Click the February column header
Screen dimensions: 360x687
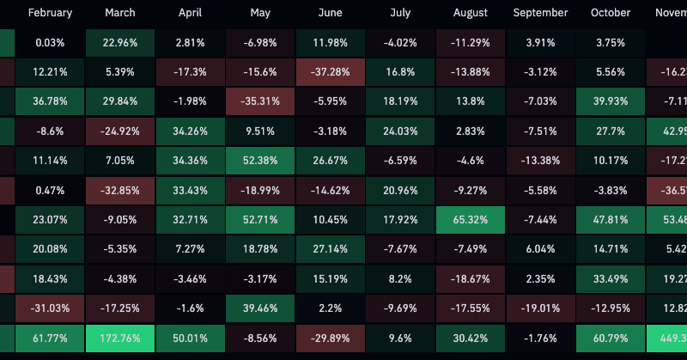51,14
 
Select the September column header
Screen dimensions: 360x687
540,14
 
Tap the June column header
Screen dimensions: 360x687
330,14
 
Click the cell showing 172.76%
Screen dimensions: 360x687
120,338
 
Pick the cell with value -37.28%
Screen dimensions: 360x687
330,73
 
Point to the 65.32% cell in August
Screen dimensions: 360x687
470,220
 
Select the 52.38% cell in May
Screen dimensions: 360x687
260,161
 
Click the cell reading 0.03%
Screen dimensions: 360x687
51,43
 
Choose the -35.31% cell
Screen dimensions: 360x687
260,102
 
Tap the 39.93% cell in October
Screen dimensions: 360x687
610,102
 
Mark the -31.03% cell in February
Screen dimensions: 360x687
51,308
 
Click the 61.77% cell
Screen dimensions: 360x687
51,338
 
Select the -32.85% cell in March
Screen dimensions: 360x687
120,191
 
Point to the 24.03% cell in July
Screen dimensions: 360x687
400,131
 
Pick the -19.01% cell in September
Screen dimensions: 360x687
540,308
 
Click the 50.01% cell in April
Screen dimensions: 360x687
191,338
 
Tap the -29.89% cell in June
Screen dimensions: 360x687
330,338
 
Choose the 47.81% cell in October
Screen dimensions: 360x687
610,220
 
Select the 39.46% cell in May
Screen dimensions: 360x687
260,308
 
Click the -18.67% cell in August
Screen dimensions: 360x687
470,279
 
